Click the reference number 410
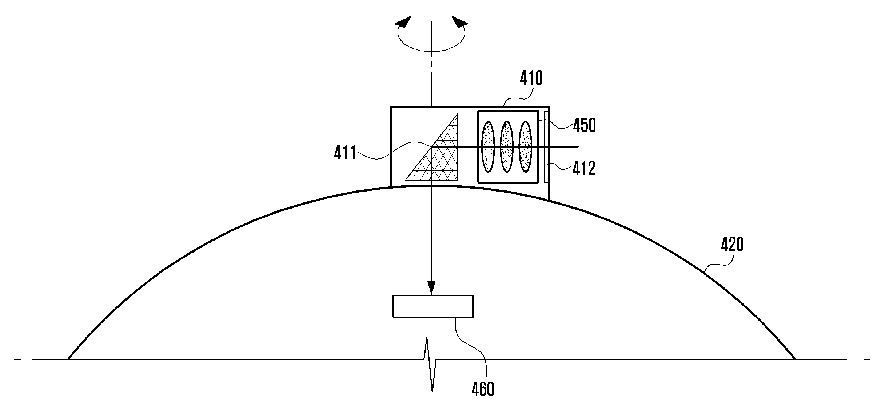pyautogui.click(x=531, y=78)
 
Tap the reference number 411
pyautogui.click(x=345, y=153)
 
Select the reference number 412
pyautogui.click(x=584, y=169)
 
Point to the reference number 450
pyautogui.click(x=585, y=126)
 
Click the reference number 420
pyautogui.click(x=732, y=245)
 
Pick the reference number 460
pyautogui.click(x=483, y=389)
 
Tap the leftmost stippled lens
pyautogui.click(x=488, y=146)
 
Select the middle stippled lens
pyautogui.click(x=506, y=146)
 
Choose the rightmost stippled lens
pyautogui.click(x=525, y=146)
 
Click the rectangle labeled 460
pyautogui.click(x=433, y=306)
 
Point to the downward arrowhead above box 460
pyautogui.click(x=431, y=289)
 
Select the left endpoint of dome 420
pyautogui.click(x=68, y=359)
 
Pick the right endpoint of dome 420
pyautogui.click(x=794, y=359)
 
